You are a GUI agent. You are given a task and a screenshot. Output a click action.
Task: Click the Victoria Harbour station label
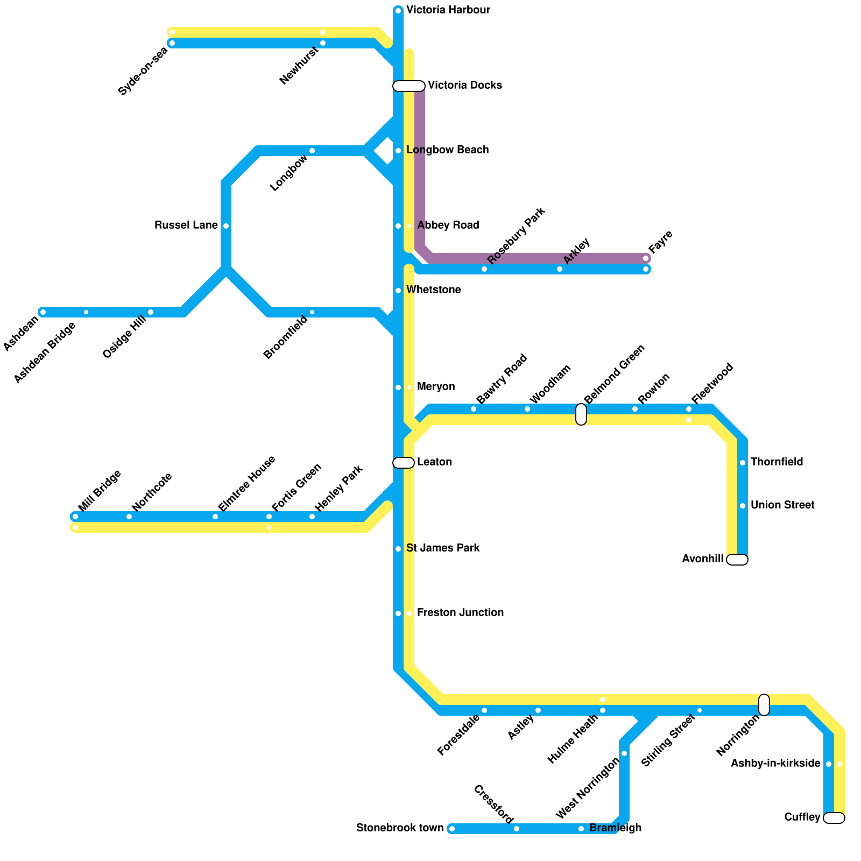448,10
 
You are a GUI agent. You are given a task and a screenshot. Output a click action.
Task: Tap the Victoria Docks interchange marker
409,86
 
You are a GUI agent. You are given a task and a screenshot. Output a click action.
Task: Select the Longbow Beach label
447,150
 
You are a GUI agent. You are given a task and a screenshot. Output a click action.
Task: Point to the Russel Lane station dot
226,226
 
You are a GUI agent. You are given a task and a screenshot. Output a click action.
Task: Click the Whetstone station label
433,290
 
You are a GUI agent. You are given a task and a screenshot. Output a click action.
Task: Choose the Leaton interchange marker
404,463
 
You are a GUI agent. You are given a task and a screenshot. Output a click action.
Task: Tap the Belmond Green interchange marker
581,414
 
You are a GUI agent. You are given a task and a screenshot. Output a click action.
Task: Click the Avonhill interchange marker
737,560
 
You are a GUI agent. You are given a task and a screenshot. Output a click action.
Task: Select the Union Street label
782,505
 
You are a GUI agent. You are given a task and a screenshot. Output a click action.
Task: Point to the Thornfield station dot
743,463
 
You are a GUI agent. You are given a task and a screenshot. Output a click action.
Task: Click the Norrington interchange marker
764,705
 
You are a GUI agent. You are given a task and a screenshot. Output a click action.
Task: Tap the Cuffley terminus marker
834,818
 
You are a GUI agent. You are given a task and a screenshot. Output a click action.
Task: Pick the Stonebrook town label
400,828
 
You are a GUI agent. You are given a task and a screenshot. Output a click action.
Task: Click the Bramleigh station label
615,828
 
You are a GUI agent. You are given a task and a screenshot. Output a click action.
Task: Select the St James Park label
443,548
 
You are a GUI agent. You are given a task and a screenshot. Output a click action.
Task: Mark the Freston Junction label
460,613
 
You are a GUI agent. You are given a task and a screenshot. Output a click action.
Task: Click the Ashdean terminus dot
43,312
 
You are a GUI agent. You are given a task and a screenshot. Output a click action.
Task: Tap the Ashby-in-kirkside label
775,764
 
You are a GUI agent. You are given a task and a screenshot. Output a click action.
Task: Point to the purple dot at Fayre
646,259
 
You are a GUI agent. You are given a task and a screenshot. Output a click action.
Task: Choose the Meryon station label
436,387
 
